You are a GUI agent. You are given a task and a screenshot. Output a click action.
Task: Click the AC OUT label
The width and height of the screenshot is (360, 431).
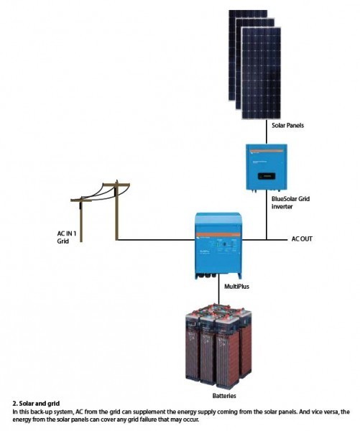pyautogui.click(x=302, y=238)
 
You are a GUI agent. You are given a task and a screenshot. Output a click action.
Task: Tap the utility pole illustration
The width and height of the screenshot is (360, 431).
pyautogui.click(x=107, y=208)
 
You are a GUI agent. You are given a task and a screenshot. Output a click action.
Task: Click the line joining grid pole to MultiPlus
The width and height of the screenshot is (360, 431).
pyautogui.click(x=158, y=239)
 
